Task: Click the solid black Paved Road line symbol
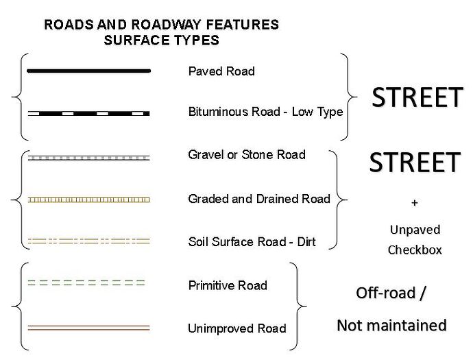coord(88,71)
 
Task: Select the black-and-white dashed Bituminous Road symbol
coord(88,112)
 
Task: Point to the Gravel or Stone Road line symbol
coord(88,157)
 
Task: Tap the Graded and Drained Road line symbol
coord(88,200)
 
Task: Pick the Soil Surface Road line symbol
coord(88,241)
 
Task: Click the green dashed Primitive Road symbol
coord(86,283)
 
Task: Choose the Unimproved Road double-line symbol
coord(88,326)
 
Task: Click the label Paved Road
coord(221,71)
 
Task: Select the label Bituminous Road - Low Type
coord(265,112)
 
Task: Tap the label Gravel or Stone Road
coord(246,155)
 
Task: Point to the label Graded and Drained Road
coord(258,200)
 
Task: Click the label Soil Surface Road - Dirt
coord(252,242)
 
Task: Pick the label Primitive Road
coord(228,285)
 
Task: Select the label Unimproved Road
coord(236,328)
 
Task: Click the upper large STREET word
coord(417,98)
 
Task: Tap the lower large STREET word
coord(414,163)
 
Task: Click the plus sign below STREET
coord(414,204)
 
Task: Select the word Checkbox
coord(415,250)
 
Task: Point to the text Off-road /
coord(391,293)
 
